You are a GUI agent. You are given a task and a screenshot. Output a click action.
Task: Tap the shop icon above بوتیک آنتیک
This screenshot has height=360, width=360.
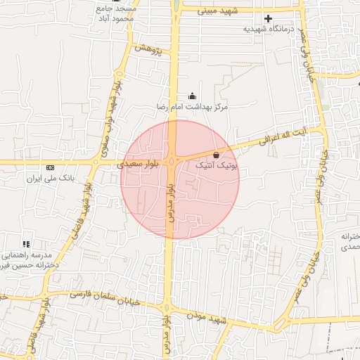point(216,154)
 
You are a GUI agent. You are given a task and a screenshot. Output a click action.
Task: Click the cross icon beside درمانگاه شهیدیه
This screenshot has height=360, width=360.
point(268,18)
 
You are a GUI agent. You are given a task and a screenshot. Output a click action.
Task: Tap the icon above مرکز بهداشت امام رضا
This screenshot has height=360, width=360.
point(193,96)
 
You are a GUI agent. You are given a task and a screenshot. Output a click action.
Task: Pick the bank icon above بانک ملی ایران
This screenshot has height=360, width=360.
point(49,167)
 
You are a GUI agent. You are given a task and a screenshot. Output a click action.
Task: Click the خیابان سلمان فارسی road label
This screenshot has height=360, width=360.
point(105,297)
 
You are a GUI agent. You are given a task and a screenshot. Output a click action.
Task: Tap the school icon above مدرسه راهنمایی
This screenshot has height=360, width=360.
point(26,243)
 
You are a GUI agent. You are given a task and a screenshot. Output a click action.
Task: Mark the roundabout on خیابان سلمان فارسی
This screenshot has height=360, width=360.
point(167,307)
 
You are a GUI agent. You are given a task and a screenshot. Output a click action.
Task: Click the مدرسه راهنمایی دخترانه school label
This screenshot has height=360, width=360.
point(27,260)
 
